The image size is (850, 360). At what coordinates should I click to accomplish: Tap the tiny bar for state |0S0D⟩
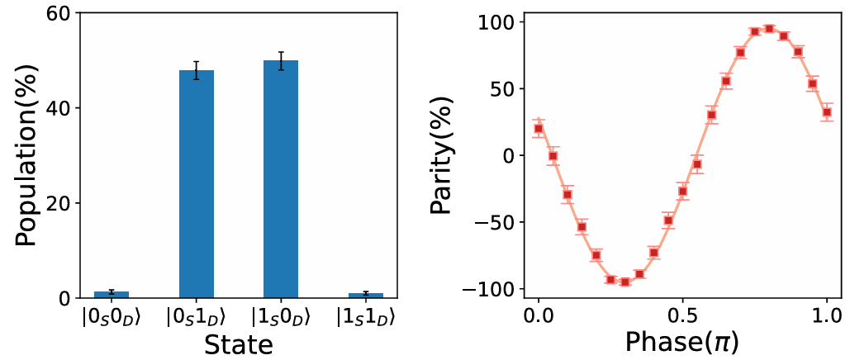(x=112, y=294)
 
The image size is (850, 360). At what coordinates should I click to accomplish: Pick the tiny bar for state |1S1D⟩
(x=365, y=295)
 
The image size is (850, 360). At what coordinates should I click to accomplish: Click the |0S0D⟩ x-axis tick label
(x=112, y=317)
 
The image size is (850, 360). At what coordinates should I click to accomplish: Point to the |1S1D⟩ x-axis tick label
(x=365, y=317)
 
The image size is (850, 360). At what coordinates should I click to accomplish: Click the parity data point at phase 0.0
(x=539, y=128)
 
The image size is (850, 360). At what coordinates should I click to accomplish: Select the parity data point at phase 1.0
(x=826, y=112)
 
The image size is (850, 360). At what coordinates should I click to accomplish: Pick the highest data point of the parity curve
(x=769, y=29)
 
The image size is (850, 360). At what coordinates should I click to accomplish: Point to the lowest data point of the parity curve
(x=625, y=282)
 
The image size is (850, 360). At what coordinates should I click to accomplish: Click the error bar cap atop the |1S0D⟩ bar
(x=281, y=52)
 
